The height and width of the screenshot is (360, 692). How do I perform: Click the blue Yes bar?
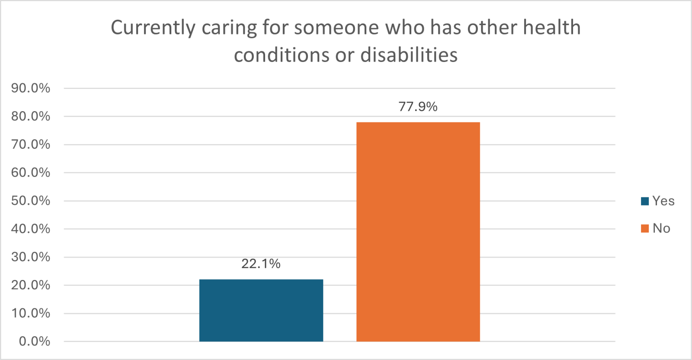(x=261, y=310)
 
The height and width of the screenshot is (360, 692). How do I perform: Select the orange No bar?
(x=418, y=231)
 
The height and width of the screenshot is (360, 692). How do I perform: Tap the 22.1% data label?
(x=261, y=264)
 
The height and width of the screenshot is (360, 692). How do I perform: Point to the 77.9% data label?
(x=418, y=106)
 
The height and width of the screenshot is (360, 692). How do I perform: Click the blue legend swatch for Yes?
(x=645, y=201)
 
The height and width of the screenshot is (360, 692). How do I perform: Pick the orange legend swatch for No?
(x=645, y=228)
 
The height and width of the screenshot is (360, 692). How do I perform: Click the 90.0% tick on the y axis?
(x=31, y=88)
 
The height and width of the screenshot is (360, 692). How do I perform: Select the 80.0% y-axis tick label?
(x=31, y=116)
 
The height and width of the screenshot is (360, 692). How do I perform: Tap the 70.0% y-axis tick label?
(x=31, y=145)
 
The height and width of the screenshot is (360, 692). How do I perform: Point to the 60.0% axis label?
(x=31, y=173)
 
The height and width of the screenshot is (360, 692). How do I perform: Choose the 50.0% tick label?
(x=31, y=201)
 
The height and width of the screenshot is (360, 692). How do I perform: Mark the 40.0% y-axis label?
(x=31, y=229)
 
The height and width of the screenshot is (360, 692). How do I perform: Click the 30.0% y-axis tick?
(x=31, y=257)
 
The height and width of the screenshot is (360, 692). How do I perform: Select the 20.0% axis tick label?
(x=31, y=285)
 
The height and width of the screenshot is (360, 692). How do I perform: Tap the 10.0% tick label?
(x=31, y=313)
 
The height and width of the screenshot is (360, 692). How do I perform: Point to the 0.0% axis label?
(x=35, y=341)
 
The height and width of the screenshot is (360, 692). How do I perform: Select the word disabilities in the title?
(x=409, y=55)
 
